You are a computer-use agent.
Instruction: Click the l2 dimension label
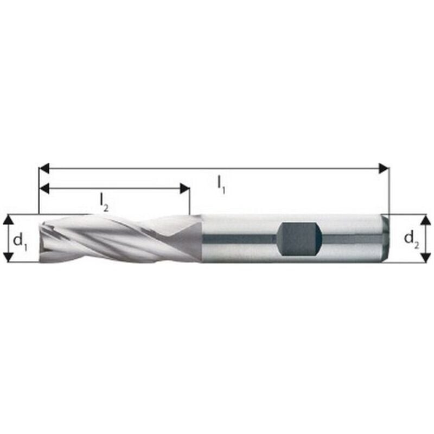(x=104, y=202)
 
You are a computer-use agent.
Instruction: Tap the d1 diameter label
(x=20, y=239)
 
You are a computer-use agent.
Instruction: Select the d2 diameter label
(x=412, y=238)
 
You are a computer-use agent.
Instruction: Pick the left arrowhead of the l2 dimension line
(x=44, y=189)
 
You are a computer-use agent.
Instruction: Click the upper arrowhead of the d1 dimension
(x=8, y=219)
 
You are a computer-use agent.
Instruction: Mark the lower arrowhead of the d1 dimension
(x=8, y=257)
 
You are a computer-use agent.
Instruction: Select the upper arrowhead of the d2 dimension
(x=426, y=220)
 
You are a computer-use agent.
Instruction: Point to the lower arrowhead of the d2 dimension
(x=426, y=257)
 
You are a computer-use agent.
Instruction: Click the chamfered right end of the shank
(x=386, y=239)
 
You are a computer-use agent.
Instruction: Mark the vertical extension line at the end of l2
(x=189, y=203)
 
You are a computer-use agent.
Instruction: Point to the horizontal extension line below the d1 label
(x=22, y=263)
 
